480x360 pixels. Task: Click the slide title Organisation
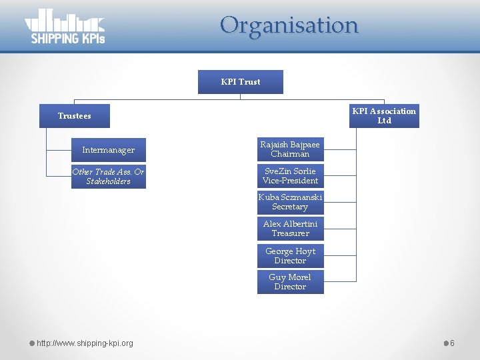pyautogui.click(x=289, y=25)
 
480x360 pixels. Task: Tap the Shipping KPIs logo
pyautogui.click(x=65, y=27)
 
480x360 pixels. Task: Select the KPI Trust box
pyautogui.click(x=241, y=82)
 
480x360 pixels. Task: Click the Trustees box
pyautogui.click(x=74, y=116)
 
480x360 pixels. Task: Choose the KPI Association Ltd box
pyautogui.click(x=384, y=116)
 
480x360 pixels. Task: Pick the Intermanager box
pyautogui.click(x=108, y=150)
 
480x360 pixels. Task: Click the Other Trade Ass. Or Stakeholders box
pyautogui.click(x=108, y=177)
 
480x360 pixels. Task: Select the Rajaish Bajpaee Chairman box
pyautogui.click(x=290, y=149)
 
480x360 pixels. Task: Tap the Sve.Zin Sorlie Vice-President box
pyautogui.click(x=290, y=176)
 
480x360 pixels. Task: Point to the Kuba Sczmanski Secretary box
pyautogui.click(x=290, y=202)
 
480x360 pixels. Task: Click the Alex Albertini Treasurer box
pyautogui.click(x=290, y=229)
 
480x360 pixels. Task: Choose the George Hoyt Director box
pyautogui.click(x=290, y=256)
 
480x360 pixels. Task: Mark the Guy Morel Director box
pyautogui.click(x=290, y=282)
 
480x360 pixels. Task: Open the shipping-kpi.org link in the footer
pyautogui.click(x=85, y=343)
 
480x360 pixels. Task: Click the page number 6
pyautogui.click(x=452, y=343)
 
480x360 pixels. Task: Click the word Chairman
pyautogui.click(x=290, y=154)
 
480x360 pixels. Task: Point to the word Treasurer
pyautogui.click(x=290, y=233)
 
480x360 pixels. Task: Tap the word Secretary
pyautogui.click(x=290, y=207)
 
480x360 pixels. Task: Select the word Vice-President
pyautogui.click(x=290, y=181)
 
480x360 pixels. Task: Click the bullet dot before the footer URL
pyautogui.click(x=31, y=343)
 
